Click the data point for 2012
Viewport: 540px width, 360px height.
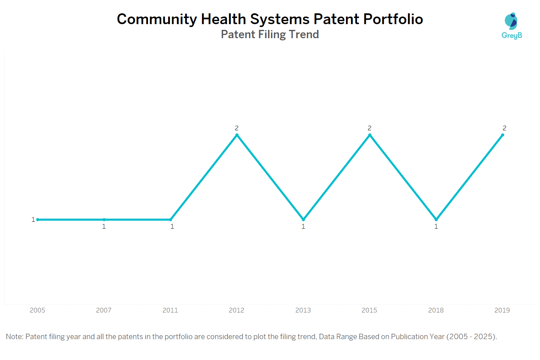[x=237, y=135]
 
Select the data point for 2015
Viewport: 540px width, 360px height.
[x=370, y=135]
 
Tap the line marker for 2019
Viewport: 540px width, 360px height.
[x=503, y=135]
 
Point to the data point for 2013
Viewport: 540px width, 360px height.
[x=303, y=219]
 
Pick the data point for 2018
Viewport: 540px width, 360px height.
[x=436, y=219]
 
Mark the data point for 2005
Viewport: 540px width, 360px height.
[x=38, y=219]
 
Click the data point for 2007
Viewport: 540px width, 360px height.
[x=104, y=219]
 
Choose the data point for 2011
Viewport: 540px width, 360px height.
[x=171, y=219]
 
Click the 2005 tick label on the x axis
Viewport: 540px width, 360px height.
[x=37, y=310]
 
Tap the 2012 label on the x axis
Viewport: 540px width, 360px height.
[x=237, y=310]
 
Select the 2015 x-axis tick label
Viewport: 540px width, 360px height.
[x=369, y=310]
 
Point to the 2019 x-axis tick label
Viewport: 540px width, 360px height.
[x=502, y=310]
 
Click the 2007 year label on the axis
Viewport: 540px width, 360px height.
[x=104, y=310]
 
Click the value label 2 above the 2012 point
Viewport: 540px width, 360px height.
[x=237, y=128]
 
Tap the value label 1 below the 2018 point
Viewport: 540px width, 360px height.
[x=436, y=226]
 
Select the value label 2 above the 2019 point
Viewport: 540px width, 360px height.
[x=504, y=128]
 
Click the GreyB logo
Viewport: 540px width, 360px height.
[x=512, y=26]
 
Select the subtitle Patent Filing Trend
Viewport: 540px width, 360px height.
[x=270, y=34]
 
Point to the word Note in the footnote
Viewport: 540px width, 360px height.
[x=14, y=337]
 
